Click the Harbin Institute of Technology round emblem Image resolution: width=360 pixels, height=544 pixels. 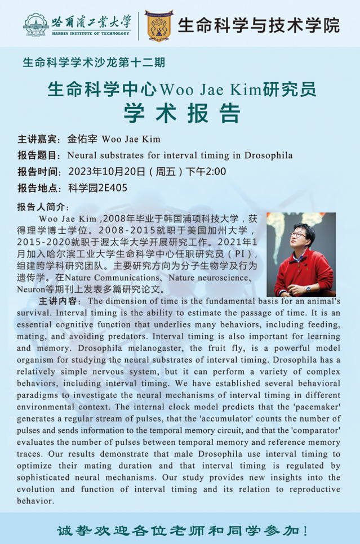35,24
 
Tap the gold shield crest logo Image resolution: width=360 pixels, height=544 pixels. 159,25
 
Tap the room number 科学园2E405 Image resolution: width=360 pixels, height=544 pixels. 97,188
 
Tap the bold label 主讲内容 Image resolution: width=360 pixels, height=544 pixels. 59,301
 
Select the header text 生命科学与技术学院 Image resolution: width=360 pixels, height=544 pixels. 259,25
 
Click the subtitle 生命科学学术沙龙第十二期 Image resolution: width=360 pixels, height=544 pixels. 94,63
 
